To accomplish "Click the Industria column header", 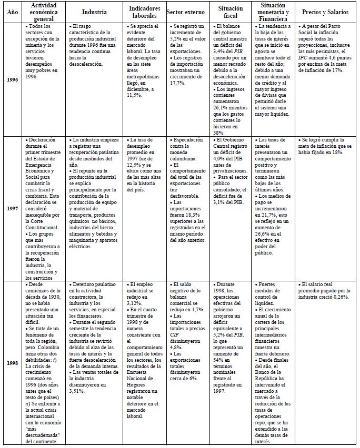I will click(94, 12).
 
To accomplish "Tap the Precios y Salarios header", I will click(325, 12).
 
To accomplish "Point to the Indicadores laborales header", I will click(144, 12).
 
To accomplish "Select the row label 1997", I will click(11, 208).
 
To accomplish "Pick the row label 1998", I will click(11, 362).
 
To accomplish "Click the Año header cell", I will click(11, 12).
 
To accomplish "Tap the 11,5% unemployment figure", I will click(136, 95).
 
